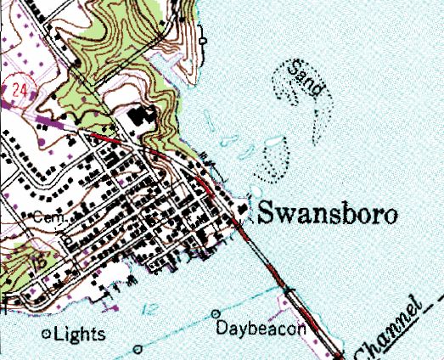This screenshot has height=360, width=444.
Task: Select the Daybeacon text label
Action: pos(260,328)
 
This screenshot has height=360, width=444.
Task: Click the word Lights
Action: pos(80,335)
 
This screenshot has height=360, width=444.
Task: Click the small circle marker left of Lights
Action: pos(46,335)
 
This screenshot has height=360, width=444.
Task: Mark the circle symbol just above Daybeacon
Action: pos(215,313)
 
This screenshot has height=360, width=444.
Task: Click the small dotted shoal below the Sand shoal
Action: pos(273,162)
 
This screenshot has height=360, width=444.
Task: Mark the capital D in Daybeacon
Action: pos(221,328)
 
